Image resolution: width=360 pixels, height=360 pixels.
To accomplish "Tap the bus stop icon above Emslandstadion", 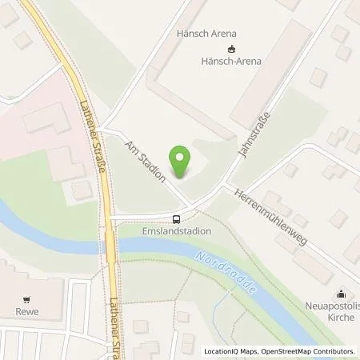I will [x=176, y=218].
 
